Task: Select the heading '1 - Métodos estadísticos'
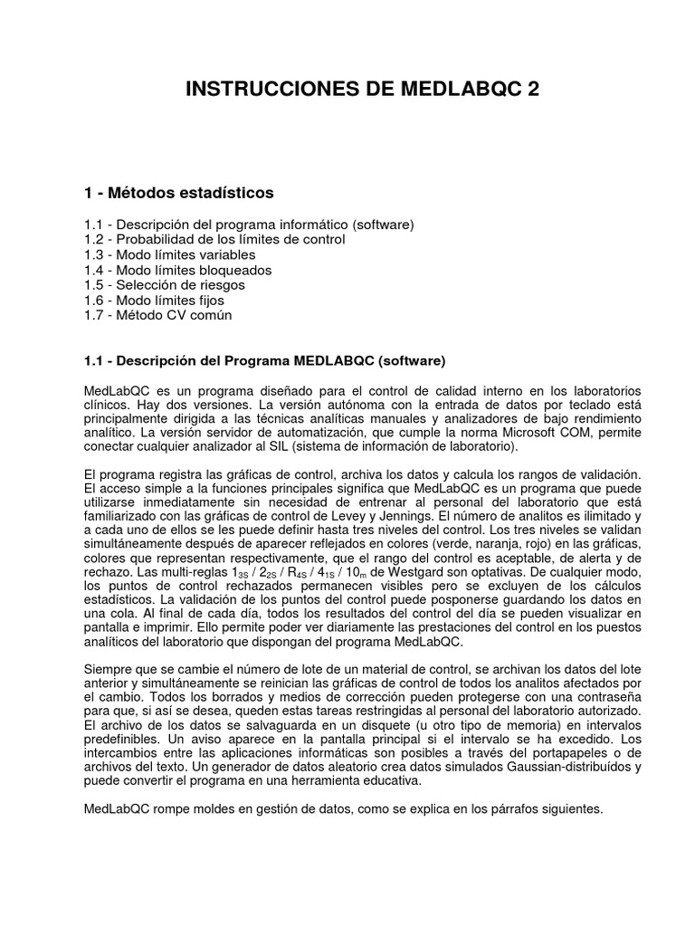(177, 193)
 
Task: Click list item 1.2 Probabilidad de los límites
(213, 239)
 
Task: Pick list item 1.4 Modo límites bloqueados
(176, 270)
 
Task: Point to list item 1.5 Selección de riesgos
(163, 285)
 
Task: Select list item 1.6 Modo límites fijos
(153, 300)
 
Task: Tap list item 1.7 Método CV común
(157, 315)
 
